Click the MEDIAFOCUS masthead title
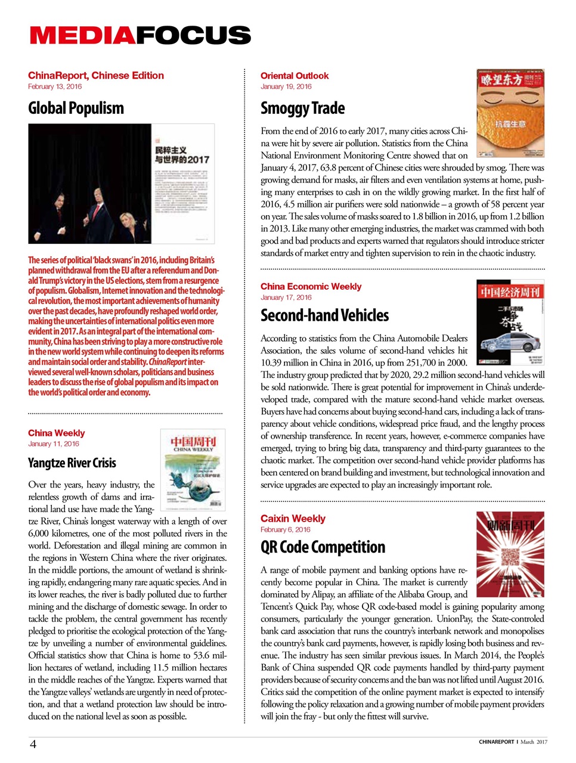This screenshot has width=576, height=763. tap(140, 36)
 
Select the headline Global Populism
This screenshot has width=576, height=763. tap(76, 108)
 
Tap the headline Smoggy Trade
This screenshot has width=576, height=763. tap(302, 108)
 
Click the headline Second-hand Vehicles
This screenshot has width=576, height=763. tap(324, 315)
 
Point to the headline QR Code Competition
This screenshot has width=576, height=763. tap(323, 547)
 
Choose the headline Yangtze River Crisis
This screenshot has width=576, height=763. tap(72, 463)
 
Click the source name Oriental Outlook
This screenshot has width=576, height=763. tap(295, 76)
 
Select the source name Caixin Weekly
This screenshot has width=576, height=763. tap(293, 519)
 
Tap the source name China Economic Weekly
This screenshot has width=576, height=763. tap(311, 287)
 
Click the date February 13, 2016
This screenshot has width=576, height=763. tap(55, 86)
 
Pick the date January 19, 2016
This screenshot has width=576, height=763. tap(286, 86)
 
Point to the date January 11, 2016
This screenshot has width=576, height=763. tap(53, 443)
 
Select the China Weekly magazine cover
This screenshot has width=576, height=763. tap(193, 470)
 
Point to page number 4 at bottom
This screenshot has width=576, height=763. tap(33, 743)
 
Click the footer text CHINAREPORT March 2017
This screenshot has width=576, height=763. tap(512, 742)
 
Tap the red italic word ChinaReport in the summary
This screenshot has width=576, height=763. tap(168, 362)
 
